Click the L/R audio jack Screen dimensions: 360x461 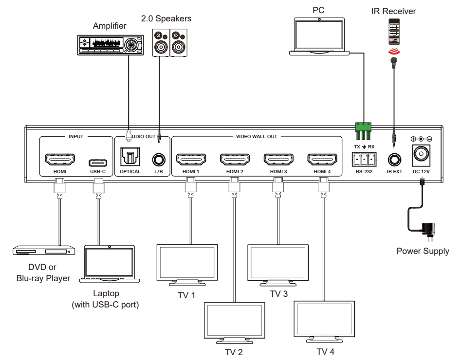coord(158,159)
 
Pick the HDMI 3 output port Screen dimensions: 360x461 coord(277,159)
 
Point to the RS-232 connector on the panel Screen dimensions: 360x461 coord(362,159)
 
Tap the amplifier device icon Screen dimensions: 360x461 coord(111,44)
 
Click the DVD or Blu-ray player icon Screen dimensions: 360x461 coord(44,251)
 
